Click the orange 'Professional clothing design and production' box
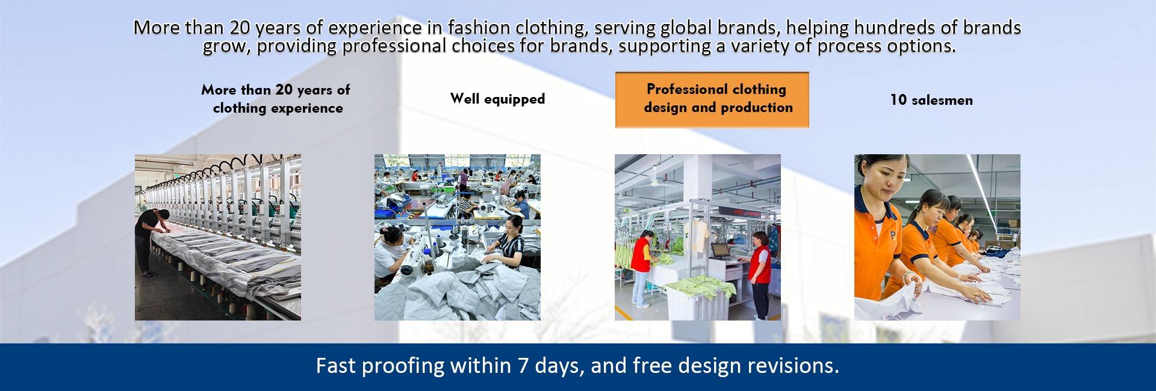712,99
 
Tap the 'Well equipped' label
497,99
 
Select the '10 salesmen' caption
931,100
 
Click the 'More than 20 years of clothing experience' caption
276,99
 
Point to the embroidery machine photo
218,237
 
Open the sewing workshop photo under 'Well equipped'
458,237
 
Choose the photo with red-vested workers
698,237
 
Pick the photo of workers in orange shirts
937,237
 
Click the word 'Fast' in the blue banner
335,366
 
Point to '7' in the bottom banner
521,366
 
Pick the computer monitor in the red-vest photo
718,249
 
